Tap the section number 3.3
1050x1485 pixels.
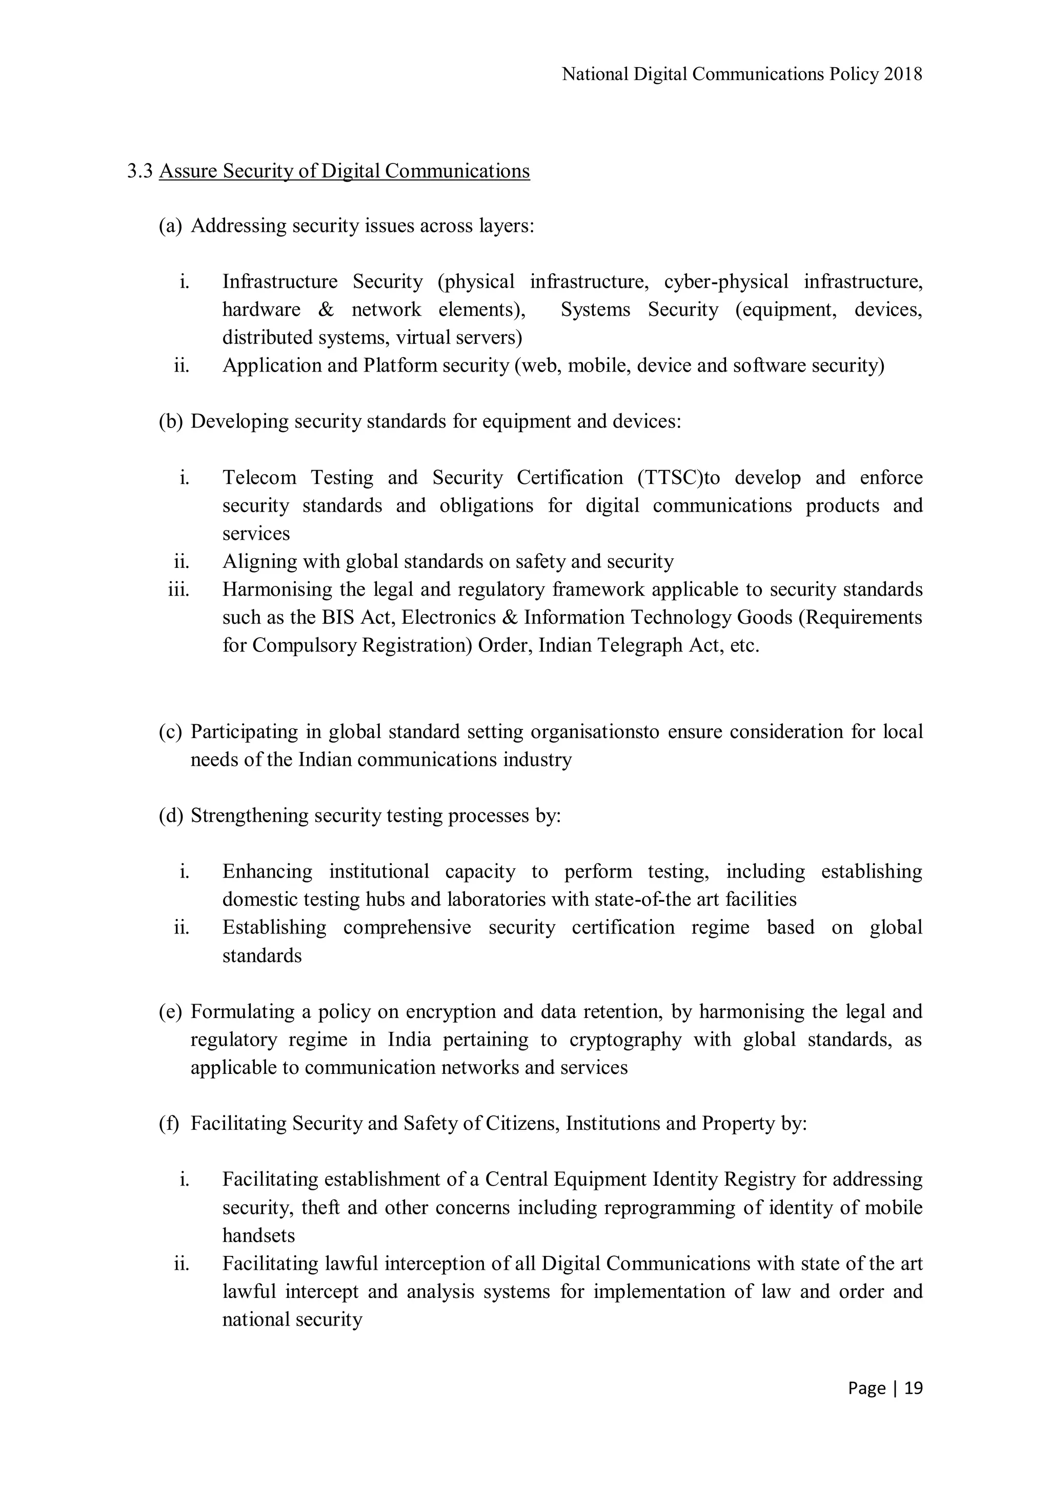(x=140, y=171)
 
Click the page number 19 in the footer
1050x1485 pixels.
(x=914, y=1389)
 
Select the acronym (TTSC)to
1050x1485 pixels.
(x=679, y=478)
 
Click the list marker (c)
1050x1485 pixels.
(x=170, y=732)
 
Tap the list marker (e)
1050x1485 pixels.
(x=170, y=1011)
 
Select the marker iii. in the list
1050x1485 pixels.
(x=178, y=590)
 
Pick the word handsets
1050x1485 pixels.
(x=259, y=1235)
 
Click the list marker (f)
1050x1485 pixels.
(x=169, y=1124)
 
